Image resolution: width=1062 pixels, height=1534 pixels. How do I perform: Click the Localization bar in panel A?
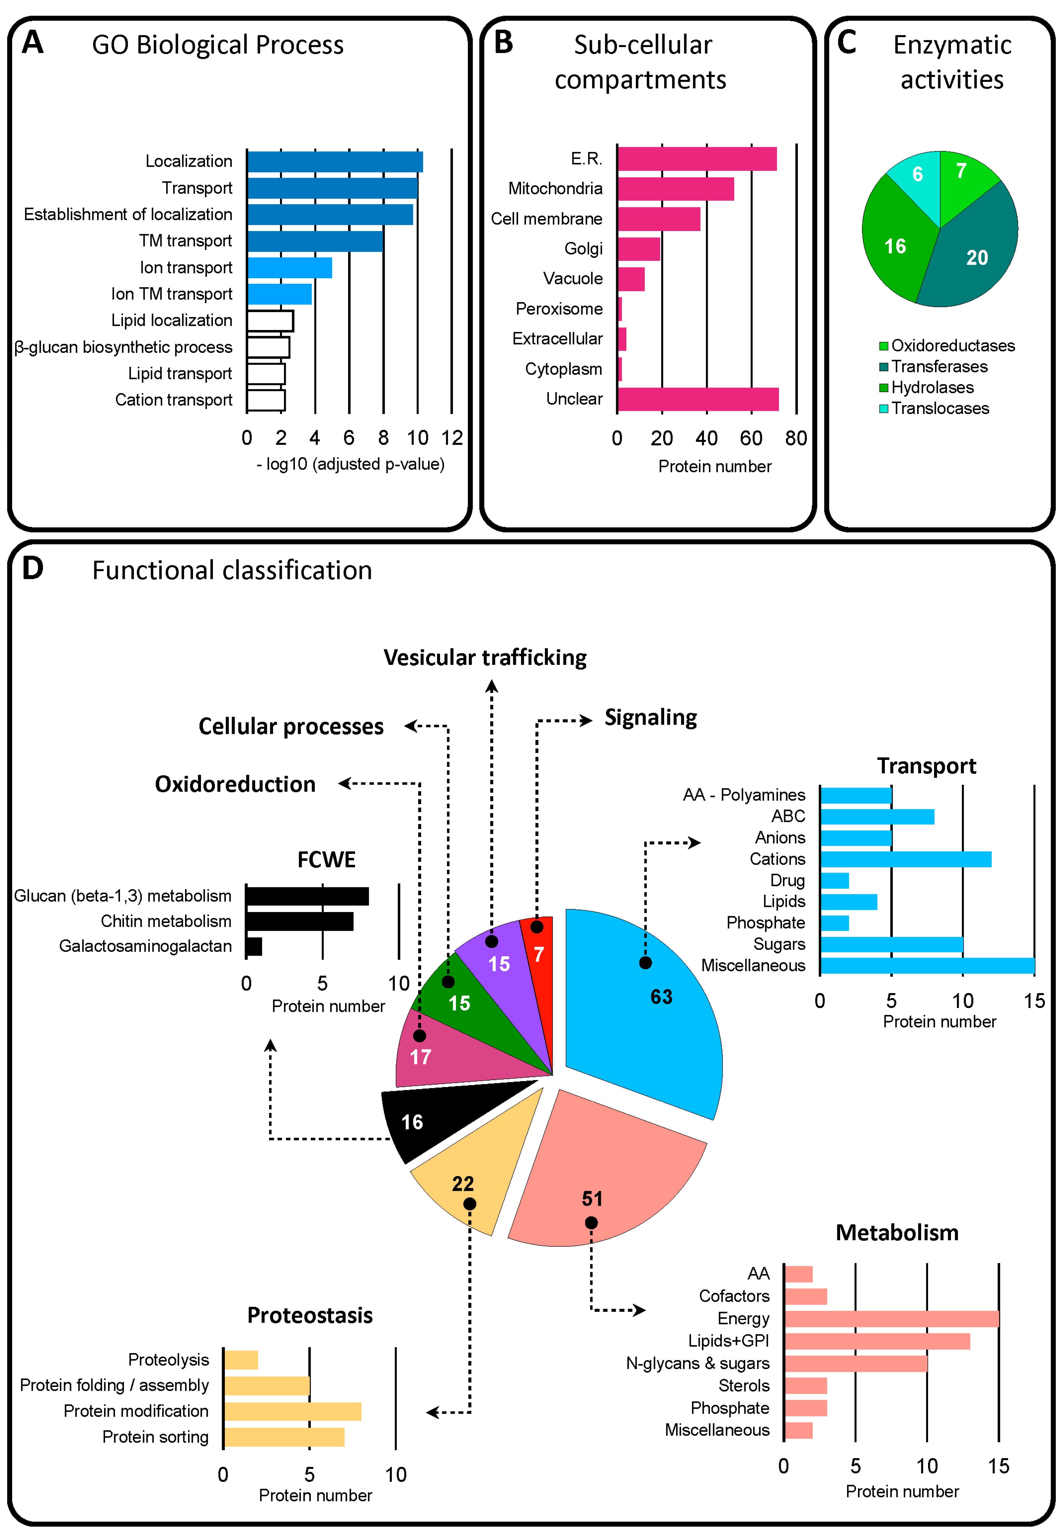click(x=335, y=162)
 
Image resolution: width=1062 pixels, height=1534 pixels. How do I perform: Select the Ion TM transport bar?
click(x=279, y=294)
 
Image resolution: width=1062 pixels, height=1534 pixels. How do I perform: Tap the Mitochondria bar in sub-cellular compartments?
click(x=675, y=189)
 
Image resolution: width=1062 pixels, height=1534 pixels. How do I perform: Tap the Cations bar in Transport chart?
click(x=905, y=859)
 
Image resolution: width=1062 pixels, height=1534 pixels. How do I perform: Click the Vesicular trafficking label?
click(x=485, y=658)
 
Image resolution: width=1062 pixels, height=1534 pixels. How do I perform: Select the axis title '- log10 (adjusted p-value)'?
click(x=351, y=464)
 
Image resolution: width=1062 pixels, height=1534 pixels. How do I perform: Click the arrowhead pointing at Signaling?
click(x=586, y=720)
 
